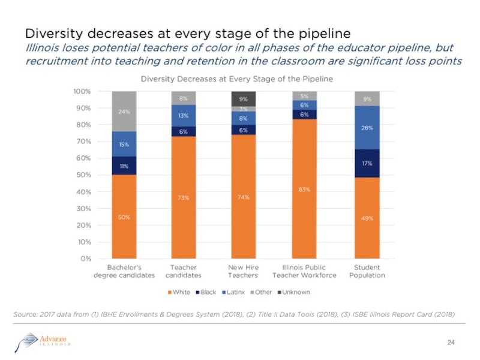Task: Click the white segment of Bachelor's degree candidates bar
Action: click(x=124, y=217)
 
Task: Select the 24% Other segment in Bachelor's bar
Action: click(x=124, y=111)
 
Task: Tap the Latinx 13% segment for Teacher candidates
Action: click(x=183, y=116)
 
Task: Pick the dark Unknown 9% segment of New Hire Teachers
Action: click(x=244, y=99)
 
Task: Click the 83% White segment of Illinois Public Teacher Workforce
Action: click(x=304, y=189)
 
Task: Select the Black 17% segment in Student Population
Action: click(x=367, y=163)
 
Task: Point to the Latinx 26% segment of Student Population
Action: click(x=367, y=128)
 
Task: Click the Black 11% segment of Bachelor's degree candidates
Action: click(x=124, y=165)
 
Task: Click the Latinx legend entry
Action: click(x=233, y=292)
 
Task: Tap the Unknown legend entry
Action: click(x=294, y=292)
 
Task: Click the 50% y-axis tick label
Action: click(x=83, y=175)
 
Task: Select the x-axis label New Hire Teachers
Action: click(x=243, y=271)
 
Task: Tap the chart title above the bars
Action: click(x=236, y=79)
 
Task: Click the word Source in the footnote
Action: click(x=25, y=314)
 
